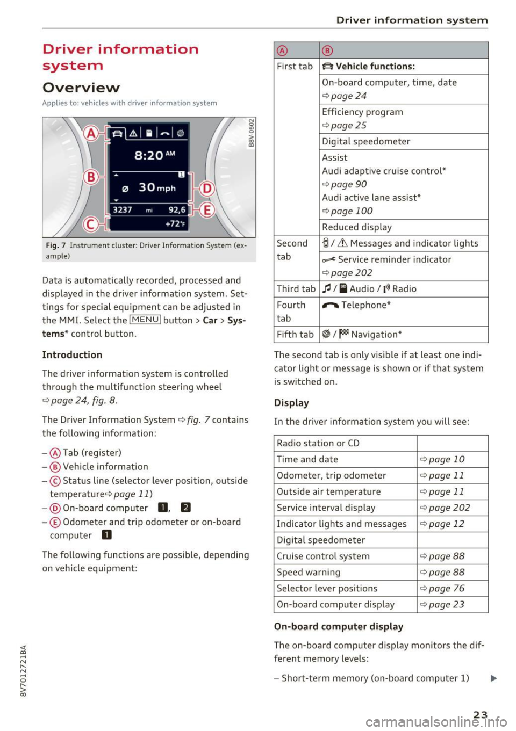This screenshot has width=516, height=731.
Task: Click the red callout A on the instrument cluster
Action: click(91, 133)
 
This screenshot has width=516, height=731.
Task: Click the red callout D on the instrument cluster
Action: click(207, 189)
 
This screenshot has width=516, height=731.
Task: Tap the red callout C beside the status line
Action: click(91, 223)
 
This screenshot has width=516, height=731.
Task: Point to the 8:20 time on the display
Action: click(149, 155)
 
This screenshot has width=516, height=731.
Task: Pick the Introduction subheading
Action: click(72, 355)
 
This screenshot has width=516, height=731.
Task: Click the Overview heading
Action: click(81, 88)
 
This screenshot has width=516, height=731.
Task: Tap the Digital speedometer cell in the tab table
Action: click(366, 142)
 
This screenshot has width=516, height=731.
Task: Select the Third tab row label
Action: click(296, 289)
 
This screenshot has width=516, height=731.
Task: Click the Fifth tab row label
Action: click(295, 335)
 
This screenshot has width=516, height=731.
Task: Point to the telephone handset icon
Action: click(330, 306)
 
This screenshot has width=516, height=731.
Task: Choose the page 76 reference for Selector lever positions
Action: click(447, 589)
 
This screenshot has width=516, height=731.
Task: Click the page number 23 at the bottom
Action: click(481, 714)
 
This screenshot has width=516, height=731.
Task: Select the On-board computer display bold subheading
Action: click(339, 627)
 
